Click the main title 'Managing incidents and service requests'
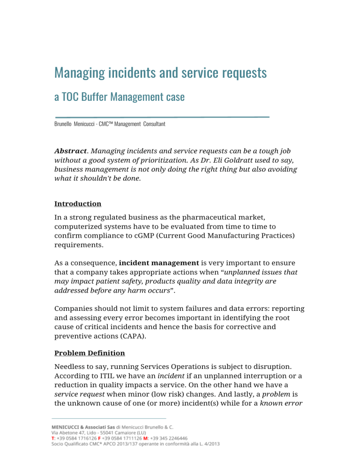[160, 73]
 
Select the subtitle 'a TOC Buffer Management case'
[120, 97]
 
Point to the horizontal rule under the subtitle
[162, 116]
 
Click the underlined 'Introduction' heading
[78, 204]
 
